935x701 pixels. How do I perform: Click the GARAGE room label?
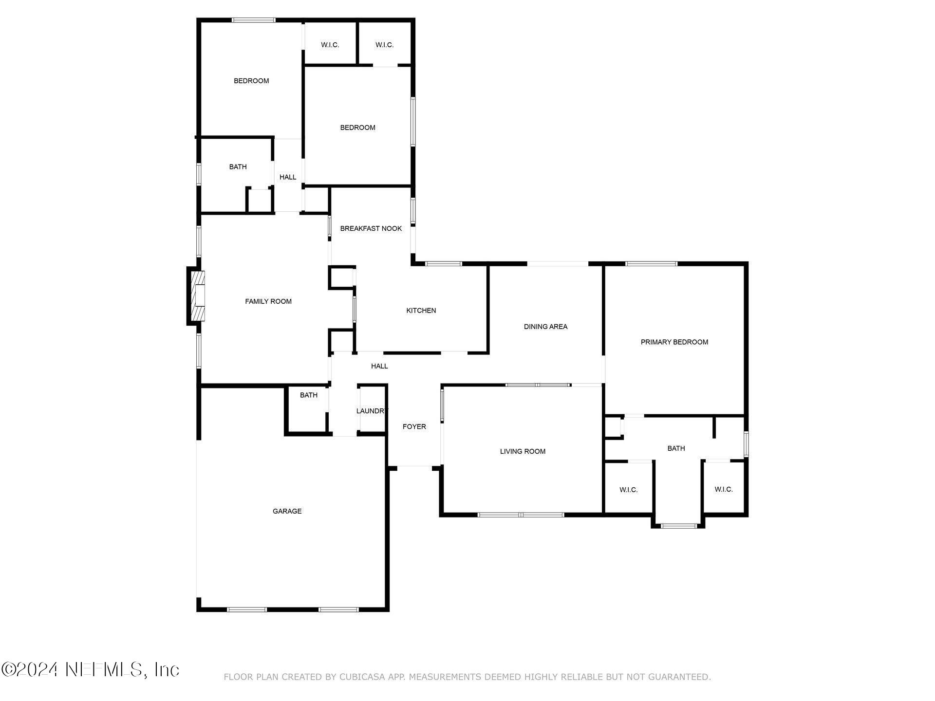(x=287, y=511)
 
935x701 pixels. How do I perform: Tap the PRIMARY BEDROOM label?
(x=674, y=342)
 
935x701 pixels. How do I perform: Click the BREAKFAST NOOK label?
(x=371, y=228)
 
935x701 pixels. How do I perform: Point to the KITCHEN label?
(x=421, y=311)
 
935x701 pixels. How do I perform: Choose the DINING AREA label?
(x=545, y=327)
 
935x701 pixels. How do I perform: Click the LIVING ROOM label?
(x=523, y=451)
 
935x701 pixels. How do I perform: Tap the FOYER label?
(x=414, y=426)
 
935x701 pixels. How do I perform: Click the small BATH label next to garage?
(x=308, y=395)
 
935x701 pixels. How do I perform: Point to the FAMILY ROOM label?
(x=268, y=301)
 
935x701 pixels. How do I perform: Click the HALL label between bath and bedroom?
(x=287, y=177)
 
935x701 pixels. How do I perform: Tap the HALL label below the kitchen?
(x=379, y=366)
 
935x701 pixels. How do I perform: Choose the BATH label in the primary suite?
(x=676, y=448)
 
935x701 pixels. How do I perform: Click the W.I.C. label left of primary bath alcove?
(x=628, y=490)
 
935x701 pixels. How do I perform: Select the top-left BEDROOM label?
(x=251, y=81)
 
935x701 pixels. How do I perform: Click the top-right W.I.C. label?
(x=384, y=45)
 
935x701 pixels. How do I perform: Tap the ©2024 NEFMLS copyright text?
(x=90, y=669)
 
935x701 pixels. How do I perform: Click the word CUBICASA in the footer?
(x=362, y=677)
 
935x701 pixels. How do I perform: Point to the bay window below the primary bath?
(x=678, y=526)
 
